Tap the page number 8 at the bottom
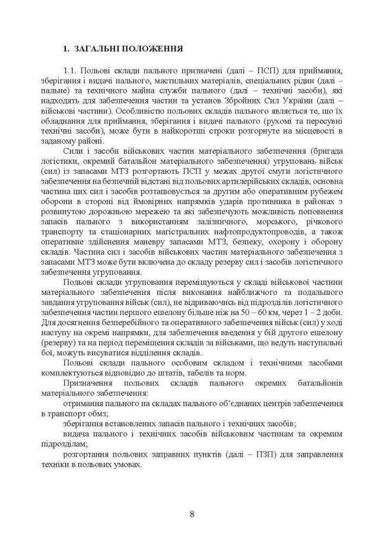pyautogui.click(x=192, y=514)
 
